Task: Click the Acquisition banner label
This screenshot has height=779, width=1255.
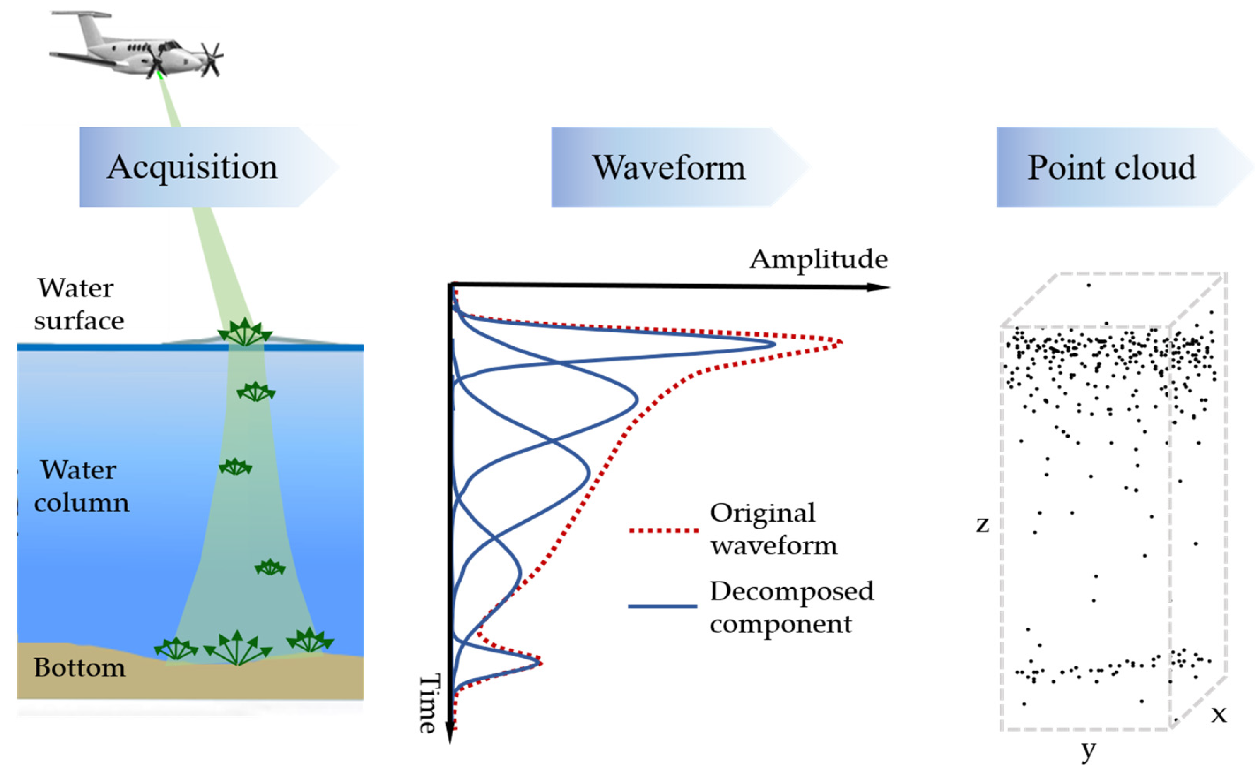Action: tap(192, 168)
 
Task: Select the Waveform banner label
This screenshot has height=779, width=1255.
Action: tap(668, 168)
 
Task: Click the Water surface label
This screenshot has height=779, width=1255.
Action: tap(78, 305)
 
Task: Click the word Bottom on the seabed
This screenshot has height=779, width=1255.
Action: tap(79, 668)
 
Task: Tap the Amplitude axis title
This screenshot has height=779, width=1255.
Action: tap(819, 259)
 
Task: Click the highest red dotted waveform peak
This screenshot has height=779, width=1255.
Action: tap(840, 342)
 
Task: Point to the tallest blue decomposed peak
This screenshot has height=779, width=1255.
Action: tap(773, 344)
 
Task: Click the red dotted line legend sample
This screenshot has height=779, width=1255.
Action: tap(663, 530)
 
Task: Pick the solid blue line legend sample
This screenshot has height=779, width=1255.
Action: tap(662, 606)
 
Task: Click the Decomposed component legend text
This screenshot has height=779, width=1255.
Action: tap(791, 608)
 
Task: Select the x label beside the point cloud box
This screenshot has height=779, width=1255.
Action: tap(1219, 714)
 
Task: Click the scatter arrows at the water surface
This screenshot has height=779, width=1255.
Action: tap(245, 332)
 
